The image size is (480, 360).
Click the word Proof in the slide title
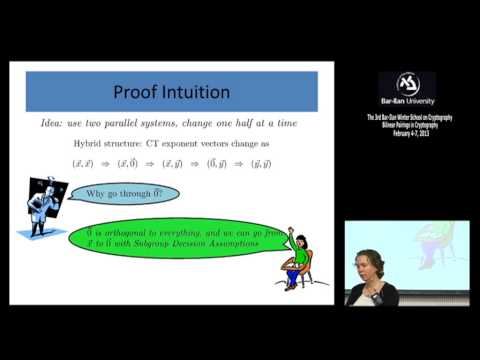tap(139, 93)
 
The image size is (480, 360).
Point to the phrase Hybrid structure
tap(133, 145)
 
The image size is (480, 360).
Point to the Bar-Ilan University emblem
tap(405, 85)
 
